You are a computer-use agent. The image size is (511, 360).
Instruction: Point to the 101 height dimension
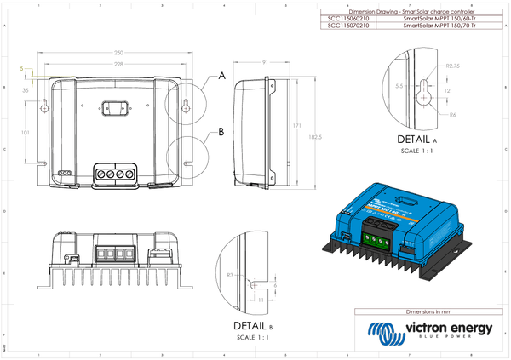tap(26, 133)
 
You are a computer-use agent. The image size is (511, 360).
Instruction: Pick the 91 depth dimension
tap(266, 62)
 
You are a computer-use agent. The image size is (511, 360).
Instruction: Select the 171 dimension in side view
tap(296, 126)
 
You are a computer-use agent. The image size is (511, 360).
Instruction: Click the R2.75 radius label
tap(453, 66)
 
